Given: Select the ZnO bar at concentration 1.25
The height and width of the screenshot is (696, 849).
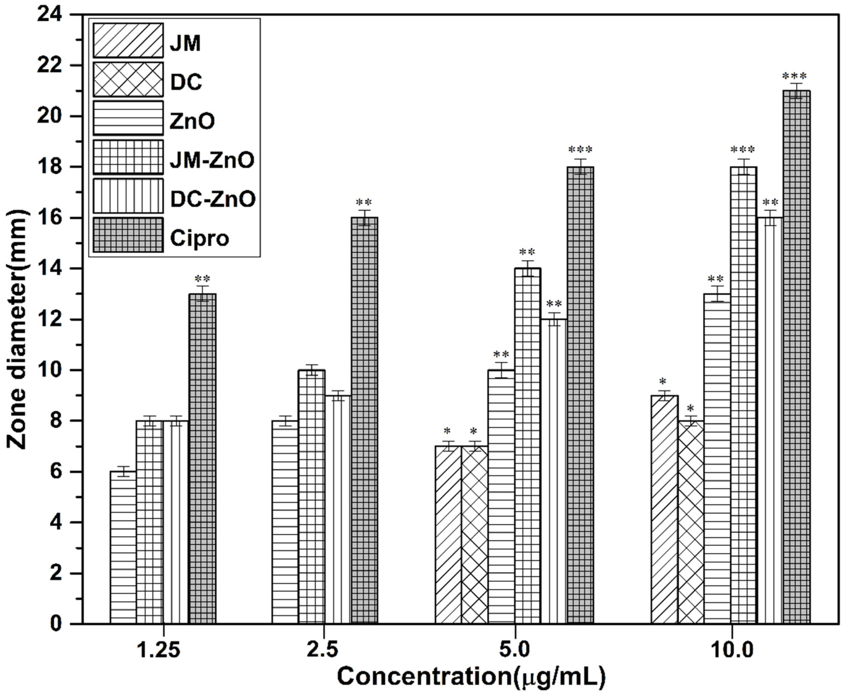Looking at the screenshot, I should pyautogui.click(x=123, y=547).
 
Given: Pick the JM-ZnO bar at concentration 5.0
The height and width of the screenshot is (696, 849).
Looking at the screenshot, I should pyautogui.click(x=527, y=445).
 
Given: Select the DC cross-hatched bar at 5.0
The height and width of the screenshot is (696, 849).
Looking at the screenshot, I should pyautogui.click(x=474, y=535).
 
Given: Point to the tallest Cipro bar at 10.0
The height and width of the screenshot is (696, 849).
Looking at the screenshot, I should pyautogui.click(x=797, y=357).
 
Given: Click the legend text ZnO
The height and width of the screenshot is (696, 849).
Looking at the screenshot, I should pyautogui.click(x=192, y=121).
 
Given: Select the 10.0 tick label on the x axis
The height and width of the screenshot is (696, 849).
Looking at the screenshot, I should pyautogui.click(x=732, y=650).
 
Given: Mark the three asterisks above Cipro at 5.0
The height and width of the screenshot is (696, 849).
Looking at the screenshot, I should pyautogui.click(x=580, y=150).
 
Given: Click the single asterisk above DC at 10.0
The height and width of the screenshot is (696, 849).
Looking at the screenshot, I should pyautogui.click(x=690, y=409).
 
